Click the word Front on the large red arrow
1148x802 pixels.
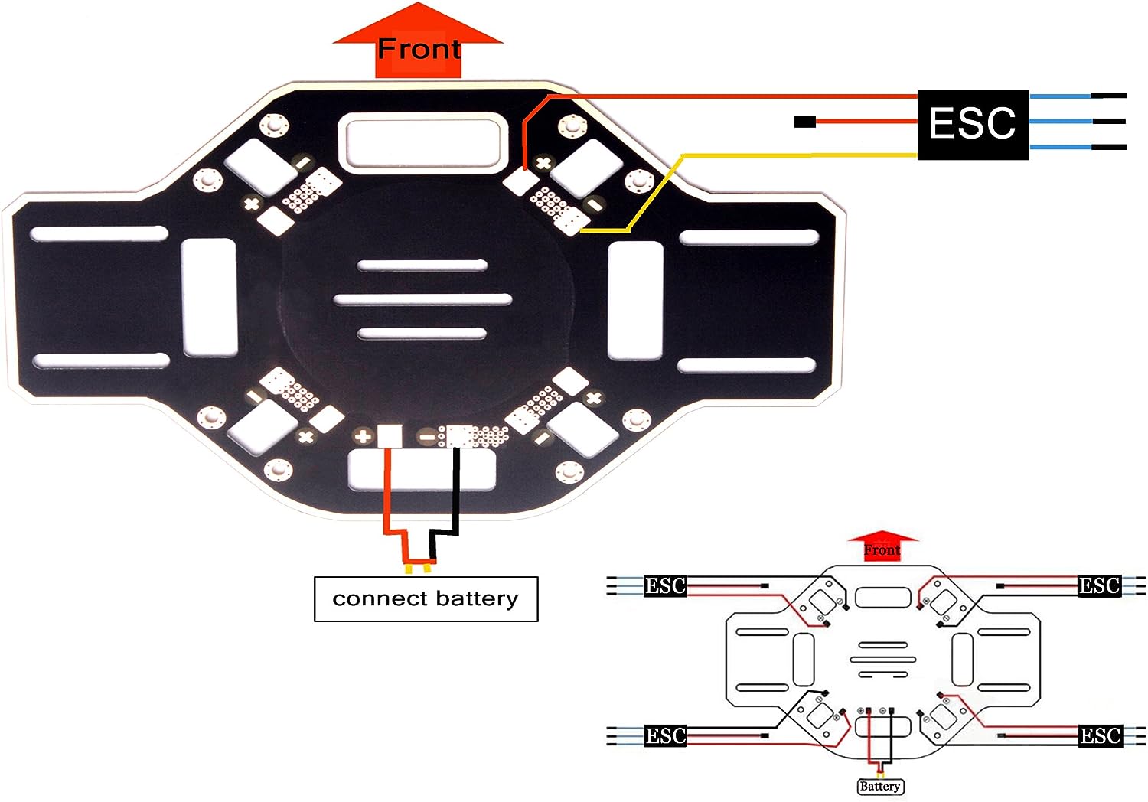(419, 49)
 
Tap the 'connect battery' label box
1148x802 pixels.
(426, 598)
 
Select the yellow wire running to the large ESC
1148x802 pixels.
(796, 155)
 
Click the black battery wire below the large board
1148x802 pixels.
(455, 497)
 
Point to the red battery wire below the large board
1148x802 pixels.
(387, 497)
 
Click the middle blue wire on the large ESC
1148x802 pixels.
(1060, 122)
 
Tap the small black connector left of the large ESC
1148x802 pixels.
(804, 122)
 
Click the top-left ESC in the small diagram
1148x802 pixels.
(664, 586)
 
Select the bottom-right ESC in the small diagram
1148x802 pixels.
(1100, 736)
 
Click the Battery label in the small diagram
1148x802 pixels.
(880, 786)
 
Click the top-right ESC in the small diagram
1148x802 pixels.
(1099, 586)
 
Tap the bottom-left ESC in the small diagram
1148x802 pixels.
(664, 736)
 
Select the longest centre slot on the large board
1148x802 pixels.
(422, 299)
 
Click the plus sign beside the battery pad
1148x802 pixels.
(364, 437)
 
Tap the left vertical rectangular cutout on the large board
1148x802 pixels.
(209, 297)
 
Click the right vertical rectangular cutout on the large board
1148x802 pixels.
(635, 300)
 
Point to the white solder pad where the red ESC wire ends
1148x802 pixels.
(522, 181)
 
